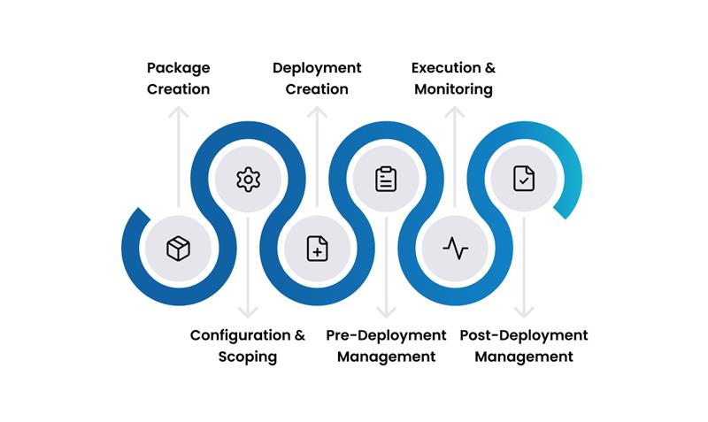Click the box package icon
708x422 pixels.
click(x=179, y=249)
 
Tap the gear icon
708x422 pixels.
click(x=248, y=180)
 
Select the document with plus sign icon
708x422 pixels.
click(x=317, y=249)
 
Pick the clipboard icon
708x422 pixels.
click(x=386, y=180)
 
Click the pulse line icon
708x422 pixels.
click(x=455, y=249)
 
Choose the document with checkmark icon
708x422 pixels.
click(x=524, y=180)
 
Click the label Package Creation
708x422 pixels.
click(x=179, y=79)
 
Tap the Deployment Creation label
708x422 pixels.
click(x=317, y=79)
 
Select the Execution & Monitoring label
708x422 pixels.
click(x=454, y=79)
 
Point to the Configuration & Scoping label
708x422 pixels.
click(x=248, y=346)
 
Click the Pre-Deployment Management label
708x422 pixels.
click(x=386, y=346)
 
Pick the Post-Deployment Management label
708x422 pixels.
click(x=524, y=346)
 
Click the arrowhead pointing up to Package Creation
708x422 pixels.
click(x=179, y=111)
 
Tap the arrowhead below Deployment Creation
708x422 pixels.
click(x=317, y=111)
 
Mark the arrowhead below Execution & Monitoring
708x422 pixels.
click(x=455, y=111)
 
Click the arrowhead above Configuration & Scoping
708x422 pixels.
click(x=248, y=313)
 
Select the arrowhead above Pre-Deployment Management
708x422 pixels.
click(x=386, y=313)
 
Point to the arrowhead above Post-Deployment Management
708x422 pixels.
click(x=524, y=313)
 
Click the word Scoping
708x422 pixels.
click(x=248, y=357)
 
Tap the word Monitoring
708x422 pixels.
click(x=454, y=90)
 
